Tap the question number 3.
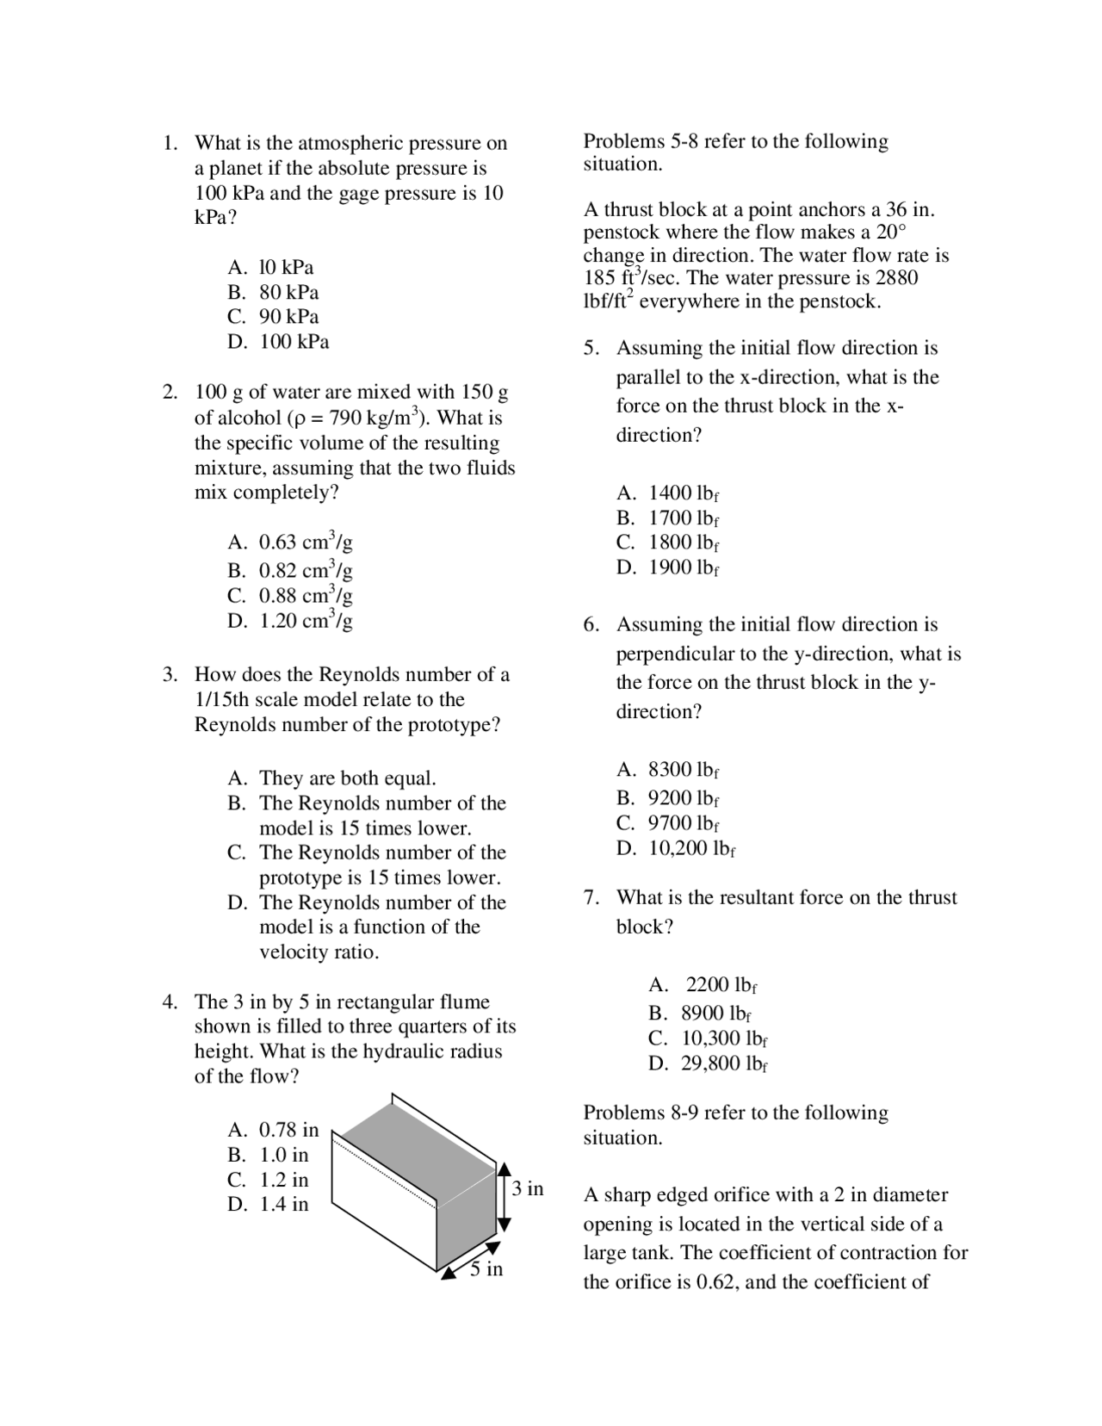click(170, 674)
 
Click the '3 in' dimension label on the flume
click(527, 1189)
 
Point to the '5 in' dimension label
click(486, 1269)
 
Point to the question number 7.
click(591, 897)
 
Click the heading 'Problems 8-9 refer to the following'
click(735, 1113)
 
